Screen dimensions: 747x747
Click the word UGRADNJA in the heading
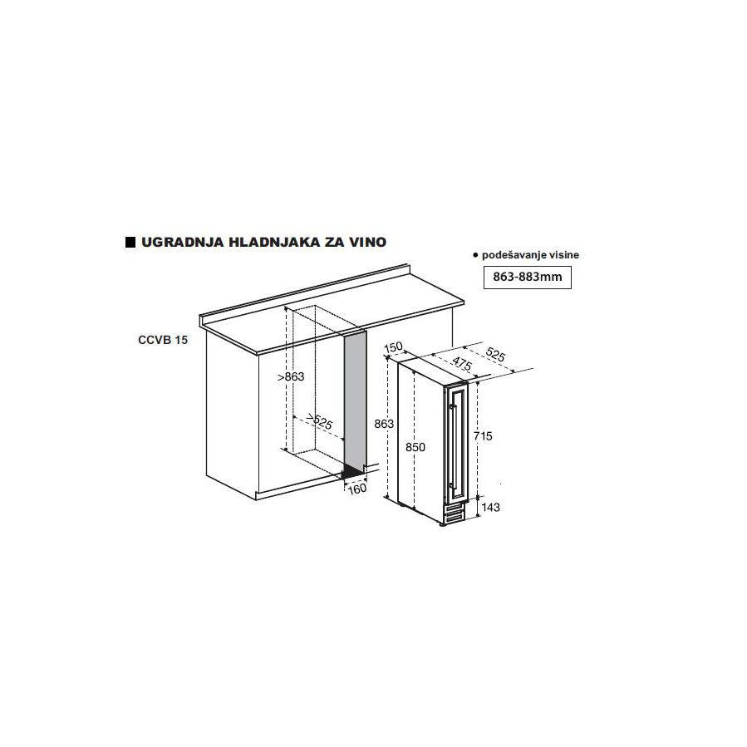pyautogui.click(x=183, y=242)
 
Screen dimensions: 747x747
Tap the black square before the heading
pyautogui.click(x=130, y=242)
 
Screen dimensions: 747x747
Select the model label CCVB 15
pyautogui.click(x=163, y=340)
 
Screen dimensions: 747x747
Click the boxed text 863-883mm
pyautogui.click(x=528, y=277)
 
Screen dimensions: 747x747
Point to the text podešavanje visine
pyautogui.click(x=530, y=255)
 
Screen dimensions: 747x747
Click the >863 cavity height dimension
pyautogui.click(x=291, y=377)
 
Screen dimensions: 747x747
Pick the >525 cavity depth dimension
pyautogui.click(x=319, y=420)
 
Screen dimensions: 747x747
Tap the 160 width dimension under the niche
pyautogui.click(x=357, y=489)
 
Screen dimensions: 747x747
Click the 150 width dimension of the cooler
pyautogui.click(x=394, y=346)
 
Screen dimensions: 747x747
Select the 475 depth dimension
pyautogui.click(x=461, y=363)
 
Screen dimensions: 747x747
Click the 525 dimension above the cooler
pyautogui.click(x=495, y=355)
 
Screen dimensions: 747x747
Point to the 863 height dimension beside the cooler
pyautogui.click(x=384, y=424)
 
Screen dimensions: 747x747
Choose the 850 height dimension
pyautogui.click(x=415, y=447)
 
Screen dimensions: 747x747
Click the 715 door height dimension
pyautogui.click(x=483, y=436)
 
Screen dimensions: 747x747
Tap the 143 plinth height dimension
pyautogui.click(x=491, y=508)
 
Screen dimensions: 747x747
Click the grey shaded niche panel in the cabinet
pyautogui.click(x=355, y=401)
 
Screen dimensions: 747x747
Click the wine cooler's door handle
pyautogui.click(x=452, y=446)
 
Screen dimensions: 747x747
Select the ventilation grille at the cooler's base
pyautogui.click(x=453, y=513)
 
